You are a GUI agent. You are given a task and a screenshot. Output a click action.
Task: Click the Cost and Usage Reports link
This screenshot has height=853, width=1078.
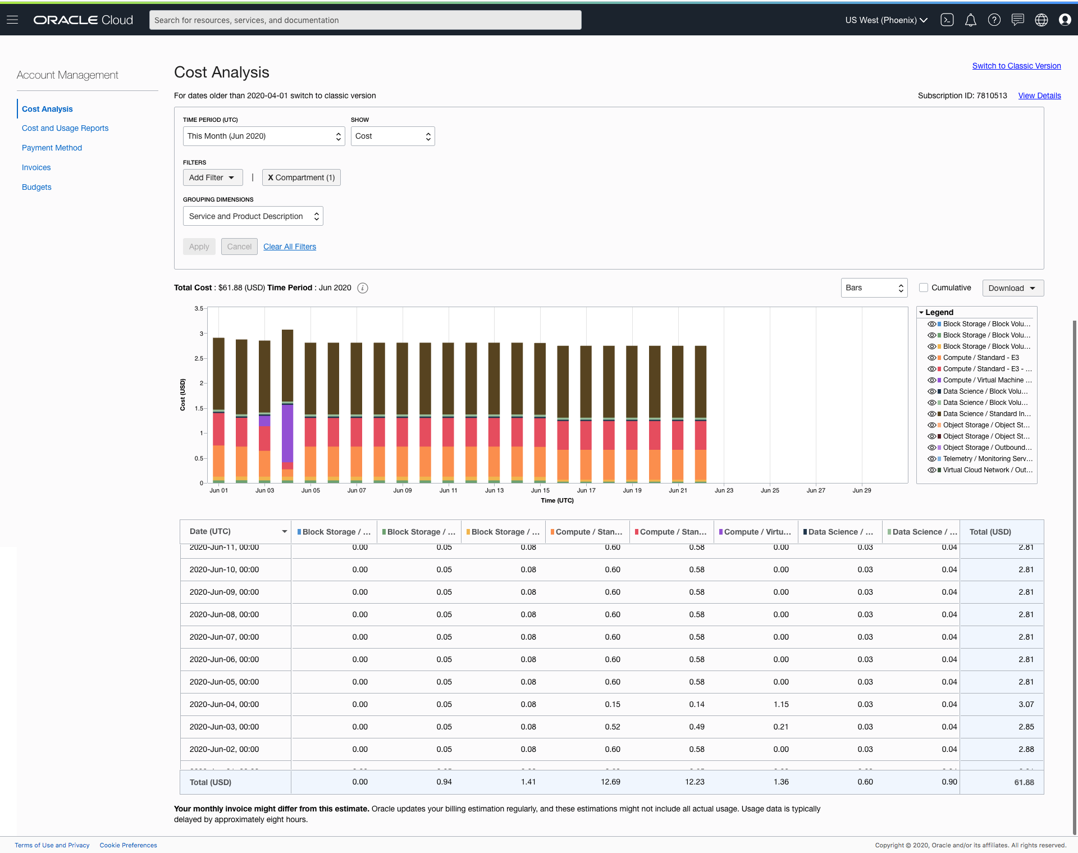(65, 128)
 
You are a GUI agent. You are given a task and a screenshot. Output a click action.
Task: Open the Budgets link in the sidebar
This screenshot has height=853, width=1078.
(36, 187)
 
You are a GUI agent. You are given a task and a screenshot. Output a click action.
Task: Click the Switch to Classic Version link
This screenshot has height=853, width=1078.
(1016, 66)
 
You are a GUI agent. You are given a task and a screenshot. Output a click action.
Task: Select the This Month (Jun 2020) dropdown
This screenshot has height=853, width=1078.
(263, 136)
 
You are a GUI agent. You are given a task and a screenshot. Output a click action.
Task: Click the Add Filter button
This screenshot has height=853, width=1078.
(212, 177)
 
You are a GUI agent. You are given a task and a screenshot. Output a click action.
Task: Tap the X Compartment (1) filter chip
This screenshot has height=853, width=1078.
(302, 177)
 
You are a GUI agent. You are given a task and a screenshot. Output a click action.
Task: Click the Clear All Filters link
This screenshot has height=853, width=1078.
(290, 247)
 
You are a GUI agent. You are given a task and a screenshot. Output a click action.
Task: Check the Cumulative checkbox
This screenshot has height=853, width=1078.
(924, 288)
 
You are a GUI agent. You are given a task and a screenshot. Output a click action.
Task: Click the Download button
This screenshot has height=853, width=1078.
(1012, 288)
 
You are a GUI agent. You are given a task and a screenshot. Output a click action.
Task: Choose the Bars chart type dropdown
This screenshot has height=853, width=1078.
(874, 288)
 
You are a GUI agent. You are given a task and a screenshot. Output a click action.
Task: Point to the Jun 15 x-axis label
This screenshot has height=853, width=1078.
(540, 490)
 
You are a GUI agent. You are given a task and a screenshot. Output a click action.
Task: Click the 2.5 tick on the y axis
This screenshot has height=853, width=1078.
(199, 358)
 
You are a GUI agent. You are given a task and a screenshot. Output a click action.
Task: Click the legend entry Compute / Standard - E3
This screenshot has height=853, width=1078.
(980, 358)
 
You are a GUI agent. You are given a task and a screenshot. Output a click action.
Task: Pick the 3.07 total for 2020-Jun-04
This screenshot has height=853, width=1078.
(1026, 704)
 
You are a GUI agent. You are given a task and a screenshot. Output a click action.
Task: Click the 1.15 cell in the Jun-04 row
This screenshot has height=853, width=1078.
(781, 704)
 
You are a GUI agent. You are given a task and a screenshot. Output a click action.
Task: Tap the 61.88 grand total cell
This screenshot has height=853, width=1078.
(1024, 782)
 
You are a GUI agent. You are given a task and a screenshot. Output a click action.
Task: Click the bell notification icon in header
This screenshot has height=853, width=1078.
(970, 20)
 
